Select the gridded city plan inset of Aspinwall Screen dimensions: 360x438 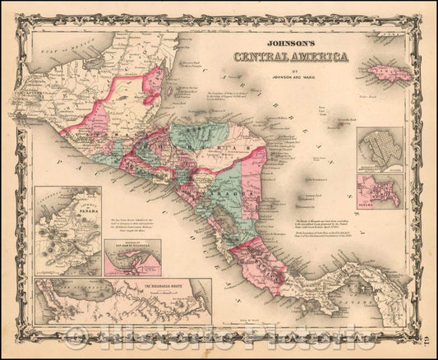(380, 146)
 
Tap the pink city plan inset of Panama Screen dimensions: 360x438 (380, 190)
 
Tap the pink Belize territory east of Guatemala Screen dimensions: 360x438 (153, 86)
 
